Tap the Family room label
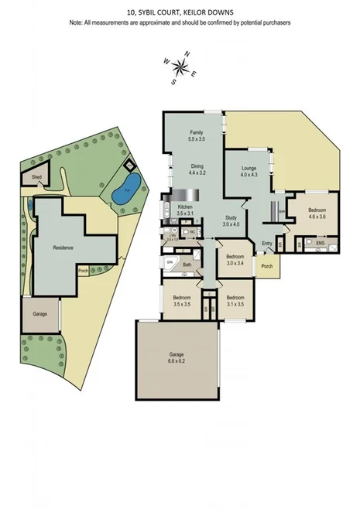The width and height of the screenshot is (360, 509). tap(196, 133)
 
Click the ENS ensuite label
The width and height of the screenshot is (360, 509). tap(320, 244)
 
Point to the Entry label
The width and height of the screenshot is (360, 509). tap(267, 244)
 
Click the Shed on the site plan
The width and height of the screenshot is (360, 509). tap(36, 177)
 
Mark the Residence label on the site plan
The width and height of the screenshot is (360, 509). tap(63, 248)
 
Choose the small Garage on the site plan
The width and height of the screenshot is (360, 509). tap(39, 314)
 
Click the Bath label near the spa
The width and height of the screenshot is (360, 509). tap(187, 265)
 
